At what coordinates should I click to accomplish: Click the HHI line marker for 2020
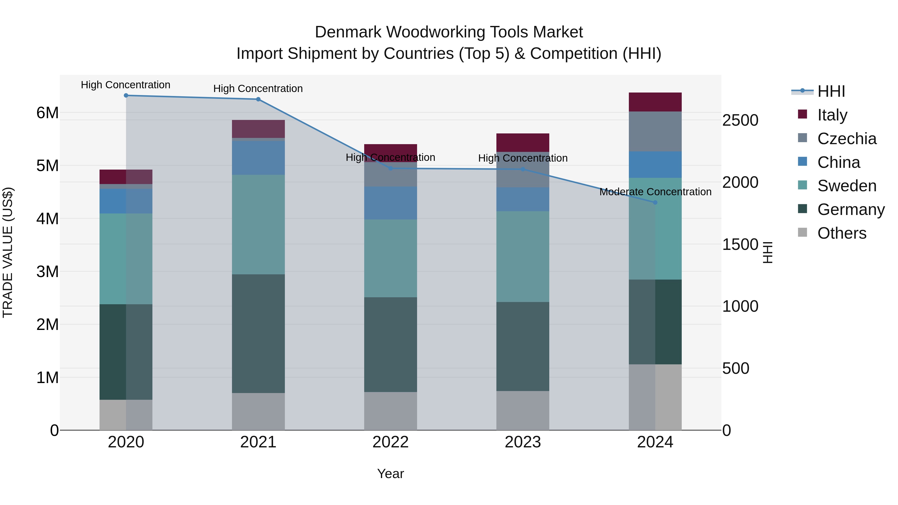(126, 96)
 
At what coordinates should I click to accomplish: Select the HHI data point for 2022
(390, 169)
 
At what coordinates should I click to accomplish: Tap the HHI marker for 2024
(655, 202)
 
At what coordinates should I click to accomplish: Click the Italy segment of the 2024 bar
(655, 102)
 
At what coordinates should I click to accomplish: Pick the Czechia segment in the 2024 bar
(655, 131)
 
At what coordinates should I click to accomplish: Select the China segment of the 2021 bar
(258, 158)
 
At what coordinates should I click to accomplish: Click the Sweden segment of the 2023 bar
(523, 257)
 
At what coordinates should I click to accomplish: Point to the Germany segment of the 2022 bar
(390, 344)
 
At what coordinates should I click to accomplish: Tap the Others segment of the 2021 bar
(258, 411)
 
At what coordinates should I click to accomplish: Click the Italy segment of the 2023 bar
(523, 143)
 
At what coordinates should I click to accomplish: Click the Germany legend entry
(851, 210)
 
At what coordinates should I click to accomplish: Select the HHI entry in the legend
(831, 91)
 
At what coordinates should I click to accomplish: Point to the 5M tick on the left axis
(47, 166)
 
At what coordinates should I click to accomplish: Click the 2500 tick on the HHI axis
(740, 121)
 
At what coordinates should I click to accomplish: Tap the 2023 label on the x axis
(523, 442)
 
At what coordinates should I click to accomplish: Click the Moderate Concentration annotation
(655, 192)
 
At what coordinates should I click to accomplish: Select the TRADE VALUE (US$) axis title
(8, 252)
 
